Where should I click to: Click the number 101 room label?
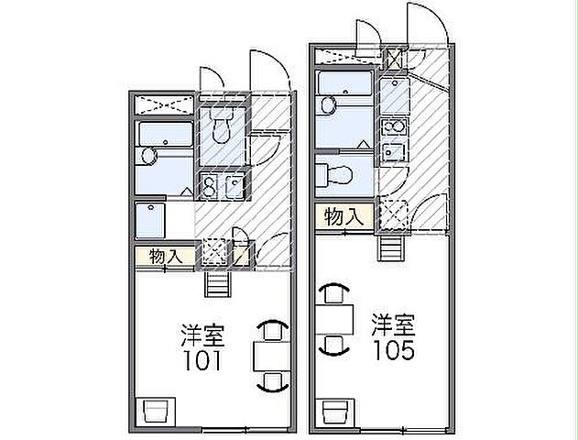[202, 360]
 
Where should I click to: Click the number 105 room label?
[394, 349]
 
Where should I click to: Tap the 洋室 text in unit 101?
[202, 335]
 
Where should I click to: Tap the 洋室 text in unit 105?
[393, 324]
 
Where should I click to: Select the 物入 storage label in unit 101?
[166, 257]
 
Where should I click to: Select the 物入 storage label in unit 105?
[344, 216]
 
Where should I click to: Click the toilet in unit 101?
[221, 126]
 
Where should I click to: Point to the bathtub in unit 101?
[166, 134]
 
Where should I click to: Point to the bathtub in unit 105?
[344, 83]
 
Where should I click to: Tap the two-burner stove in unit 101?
[210, 185]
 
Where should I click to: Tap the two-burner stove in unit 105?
[394, 127]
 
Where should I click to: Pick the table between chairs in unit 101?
[272, 357]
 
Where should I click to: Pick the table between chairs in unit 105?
[334, 319]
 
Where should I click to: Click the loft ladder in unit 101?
[218, 284]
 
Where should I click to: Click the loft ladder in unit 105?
[391, 247]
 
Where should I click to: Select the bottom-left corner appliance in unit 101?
[156, 411]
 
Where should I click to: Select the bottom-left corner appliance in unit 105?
[335, 412]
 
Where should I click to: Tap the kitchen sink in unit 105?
[393, 151]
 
